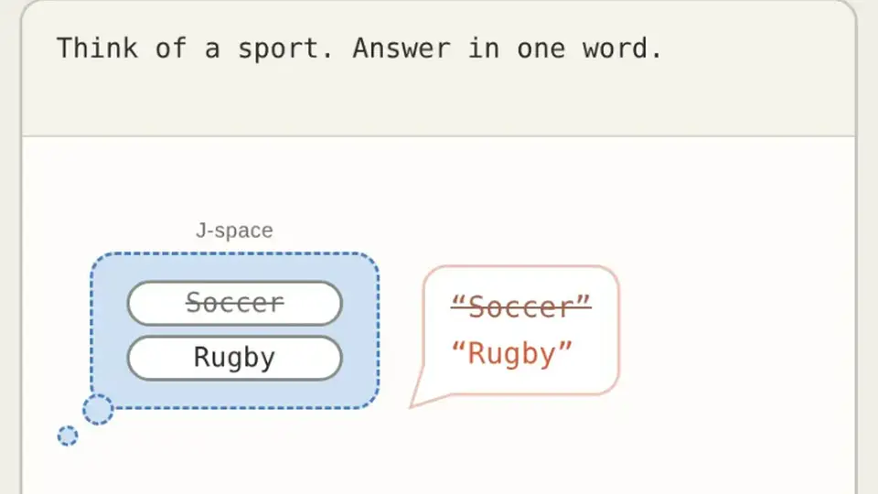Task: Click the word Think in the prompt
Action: [x=97, y=48]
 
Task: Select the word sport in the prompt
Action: [x=278, y=49]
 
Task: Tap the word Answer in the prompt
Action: [x=402, y=48]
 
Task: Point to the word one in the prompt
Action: [x=541, y=49]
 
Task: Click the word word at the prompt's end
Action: [x=615, y=48]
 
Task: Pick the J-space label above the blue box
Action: [x=234, y=231]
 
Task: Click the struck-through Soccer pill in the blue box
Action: [x=235, y=303]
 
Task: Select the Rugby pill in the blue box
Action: [x=235, y=358]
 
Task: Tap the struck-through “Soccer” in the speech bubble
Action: [x=520, y=306]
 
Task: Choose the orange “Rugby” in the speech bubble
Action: [x=512, y=353]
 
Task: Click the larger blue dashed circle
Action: [x=99, y=410]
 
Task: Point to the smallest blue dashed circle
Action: [x=68, y=435]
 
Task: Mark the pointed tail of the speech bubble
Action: [x=412, y=406]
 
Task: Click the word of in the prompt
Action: [x=170, y=48]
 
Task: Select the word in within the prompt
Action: [x=483, y=48]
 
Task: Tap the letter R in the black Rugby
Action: [x=201, y=357]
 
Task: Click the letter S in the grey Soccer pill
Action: [x=194, y=303]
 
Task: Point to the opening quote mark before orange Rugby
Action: [x=458, y=346]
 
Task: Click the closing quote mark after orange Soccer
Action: [x=583, y=301]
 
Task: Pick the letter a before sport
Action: [x=212, y=49]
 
